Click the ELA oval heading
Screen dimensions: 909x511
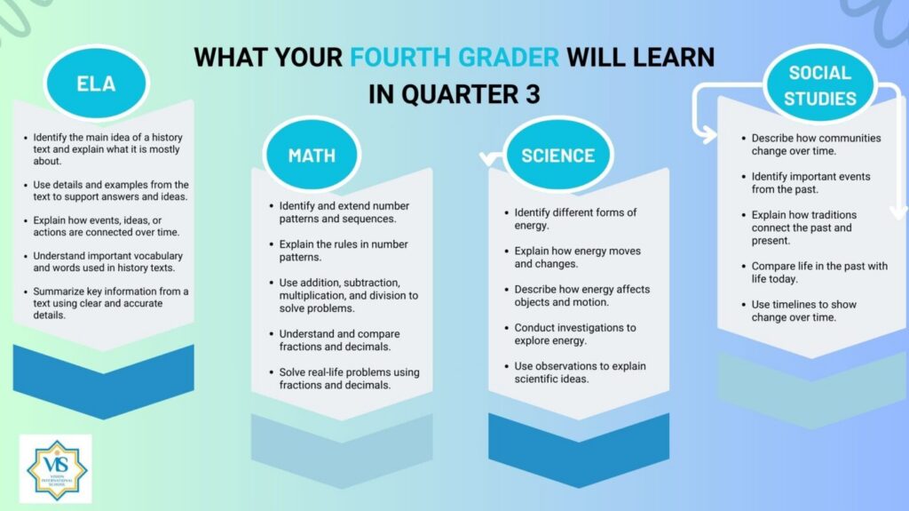pyautogui.click(x=96, y=83)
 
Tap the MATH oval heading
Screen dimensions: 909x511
pyautogui.click(x=312, y=155)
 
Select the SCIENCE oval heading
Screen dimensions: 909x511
pyautogui.click(x=557, y=155)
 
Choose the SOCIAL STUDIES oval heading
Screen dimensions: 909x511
pyautogui.click(x=819, y=84)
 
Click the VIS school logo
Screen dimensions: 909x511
pyautogui.click(x=56, y=469)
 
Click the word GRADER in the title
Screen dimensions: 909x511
pyautogui.click(x=509, y=57)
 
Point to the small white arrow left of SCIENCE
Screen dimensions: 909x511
pyautogui.click(x=491, y=157)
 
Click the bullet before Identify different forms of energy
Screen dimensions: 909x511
pyautogui.click(x=507, y=213)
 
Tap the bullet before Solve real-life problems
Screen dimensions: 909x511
pyautogui.click(x=272, y=372)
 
